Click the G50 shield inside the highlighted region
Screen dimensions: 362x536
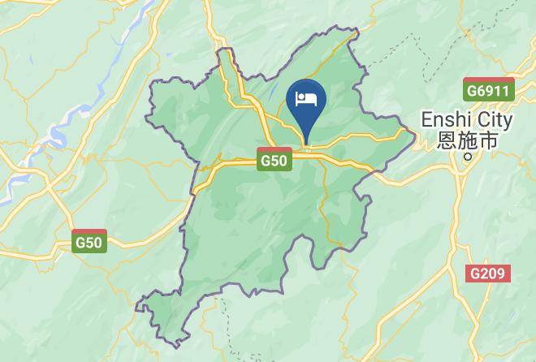[x=274, y=161]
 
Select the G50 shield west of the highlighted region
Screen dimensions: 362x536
[x=89, y=241]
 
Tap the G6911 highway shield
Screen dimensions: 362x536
[x=489, y=89]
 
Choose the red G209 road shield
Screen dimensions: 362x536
[x=489, y=274]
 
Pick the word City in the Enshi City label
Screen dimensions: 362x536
[x=493, y=120]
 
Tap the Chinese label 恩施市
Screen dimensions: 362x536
[x=467, y=141]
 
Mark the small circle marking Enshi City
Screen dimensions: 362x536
[x=467, y=157]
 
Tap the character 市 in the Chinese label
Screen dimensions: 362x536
[x=486, y=141]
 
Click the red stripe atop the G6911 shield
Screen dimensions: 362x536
[x=489, y=81]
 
